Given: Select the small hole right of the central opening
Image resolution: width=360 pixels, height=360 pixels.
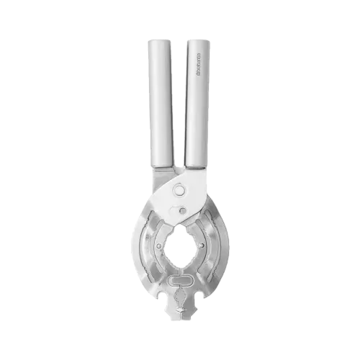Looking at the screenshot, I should pyautogui.click(x=208, y=243).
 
